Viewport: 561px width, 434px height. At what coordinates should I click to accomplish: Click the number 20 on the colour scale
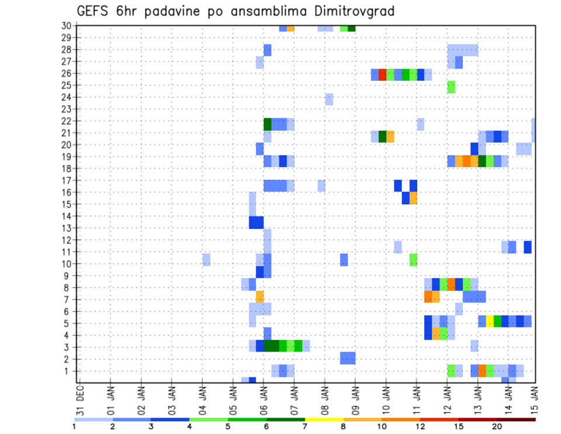pos(497,426)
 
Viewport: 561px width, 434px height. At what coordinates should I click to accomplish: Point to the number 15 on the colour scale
pos(459,426)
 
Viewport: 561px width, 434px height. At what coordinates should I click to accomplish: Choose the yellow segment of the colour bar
pos(324,419)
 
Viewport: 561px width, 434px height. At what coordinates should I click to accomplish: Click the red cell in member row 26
pos(382,74)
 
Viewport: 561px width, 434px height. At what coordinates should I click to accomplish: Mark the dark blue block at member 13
pos(256,223)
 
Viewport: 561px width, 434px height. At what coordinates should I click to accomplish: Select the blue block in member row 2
pos(348,358)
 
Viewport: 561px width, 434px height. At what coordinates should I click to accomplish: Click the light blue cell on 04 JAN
pos(206,259)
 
